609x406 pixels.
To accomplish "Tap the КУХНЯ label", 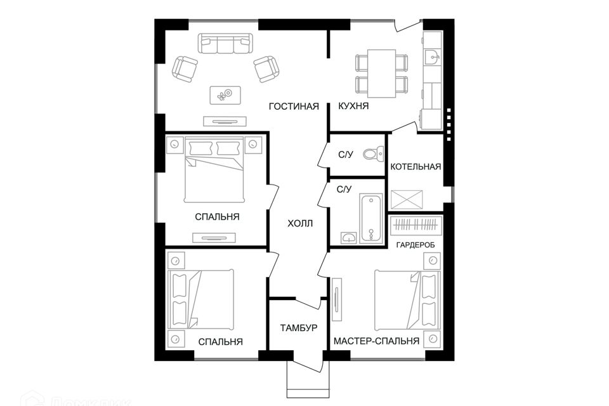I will click(354, 107).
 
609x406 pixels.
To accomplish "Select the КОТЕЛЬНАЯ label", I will click(416, 167).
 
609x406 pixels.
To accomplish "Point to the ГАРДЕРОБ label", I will click(415, 244).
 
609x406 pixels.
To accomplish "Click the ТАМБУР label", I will click(298, 328).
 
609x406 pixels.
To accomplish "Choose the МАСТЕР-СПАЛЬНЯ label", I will click(377, 341).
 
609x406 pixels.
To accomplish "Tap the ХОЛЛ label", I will click(300, 224).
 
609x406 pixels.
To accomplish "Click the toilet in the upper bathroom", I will click(373, 154).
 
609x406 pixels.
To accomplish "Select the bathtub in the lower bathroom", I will click(372, 218).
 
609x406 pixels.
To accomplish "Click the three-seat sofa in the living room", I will click(225, 44).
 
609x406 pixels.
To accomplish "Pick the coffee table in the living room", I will click(225, 95).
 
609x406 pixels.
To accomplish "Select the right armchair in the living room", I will click(266, 68).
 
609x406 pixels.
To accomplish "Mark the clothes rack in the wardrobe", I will click(415, 225).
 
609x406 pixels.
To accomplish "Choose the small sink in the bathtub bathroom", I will click(350, 238).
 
